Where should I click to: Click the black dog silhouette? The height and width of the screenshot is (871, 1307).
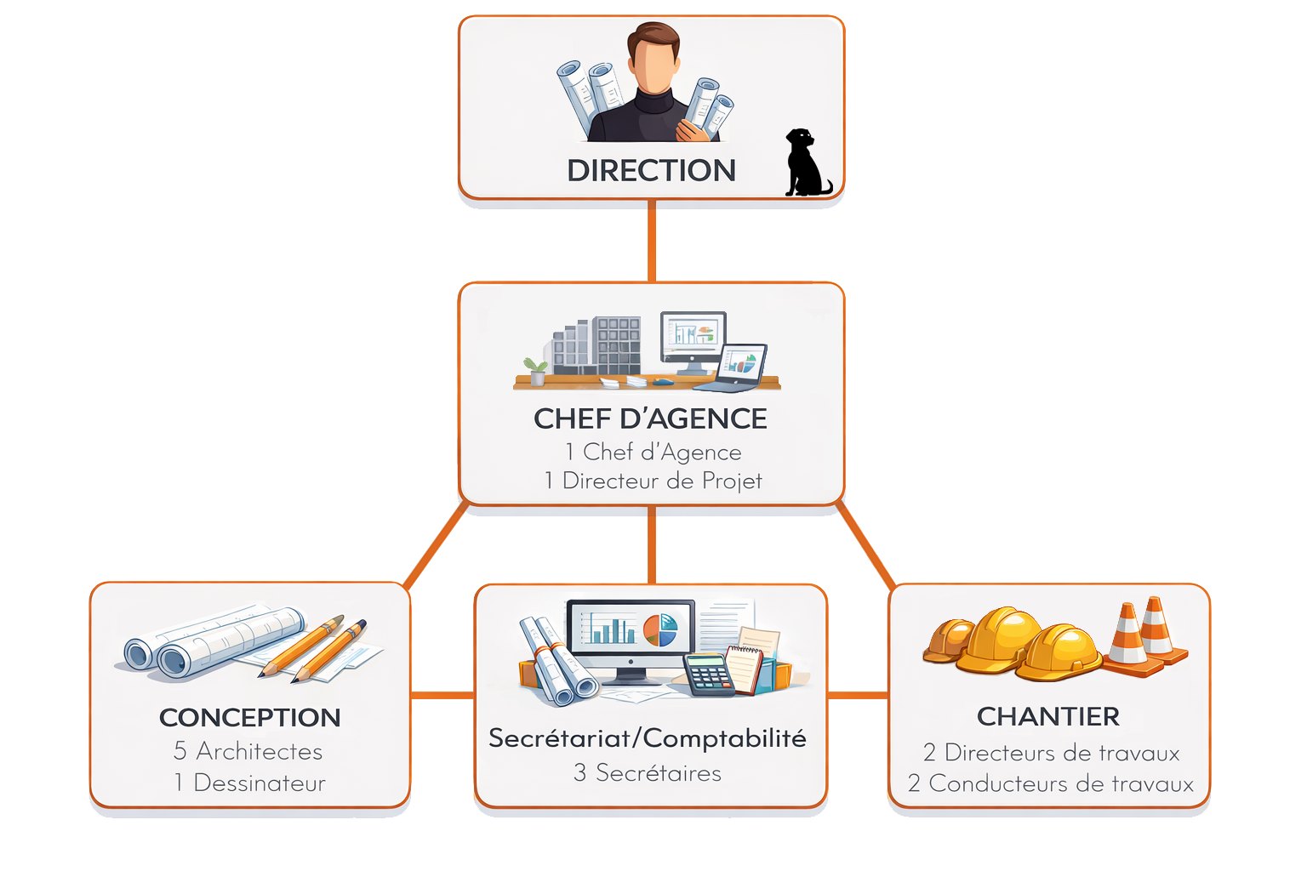(x=804, y=165)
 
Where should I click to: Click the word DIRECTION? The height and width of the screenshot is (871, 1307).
(x=651, y=171)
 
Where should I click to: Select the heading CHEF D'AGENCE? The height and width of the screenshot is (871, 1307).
(x=650, y=418)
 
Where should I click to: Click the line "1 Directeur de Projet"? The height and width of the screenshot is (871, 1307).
(x=653, y=481)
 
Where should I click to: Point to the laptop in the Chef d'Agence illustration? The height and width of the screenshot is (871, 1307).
(x=737, y=367)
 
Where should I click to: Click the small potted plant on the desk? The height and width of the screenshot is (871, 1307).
(x=536, y=372)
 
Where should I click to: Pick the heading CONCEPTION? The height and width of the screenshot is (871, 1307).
(x=249, y=718)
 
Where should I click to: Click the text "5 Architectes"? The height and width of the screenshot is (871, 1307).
(x=248, y=751)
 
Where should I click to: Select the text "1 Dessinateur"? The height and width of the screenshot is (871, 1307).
(x=249, y=783)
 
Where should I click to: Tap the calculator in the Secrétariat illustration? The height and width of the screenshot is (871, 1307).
(x=708, y=675)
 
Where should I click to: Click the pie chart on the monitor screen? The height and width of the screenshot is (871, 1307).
(x=659, y=630)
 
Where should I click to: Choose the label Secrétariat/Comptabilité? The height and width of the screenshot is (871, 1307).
(x=647, y=738)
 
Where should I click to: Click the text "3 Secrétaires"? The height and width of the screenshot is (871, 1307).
(x=647, y=773)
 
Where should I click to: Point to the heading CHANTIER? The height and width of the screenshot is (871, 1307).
(x=1047, y=717)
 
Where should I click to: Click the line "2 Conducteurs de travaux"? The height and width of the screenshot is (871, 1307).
(x=1050, y=783)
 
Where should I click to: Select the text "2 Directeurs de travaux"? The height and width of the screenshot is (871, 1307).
(x=1051, y=753)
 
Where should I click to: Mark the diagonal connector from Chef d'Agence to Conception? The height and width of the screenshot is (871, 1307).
(x=436, y=544)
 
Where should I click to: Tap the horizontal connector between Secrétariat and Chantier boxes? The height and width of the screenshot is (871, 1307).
(x=857, y=696)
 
